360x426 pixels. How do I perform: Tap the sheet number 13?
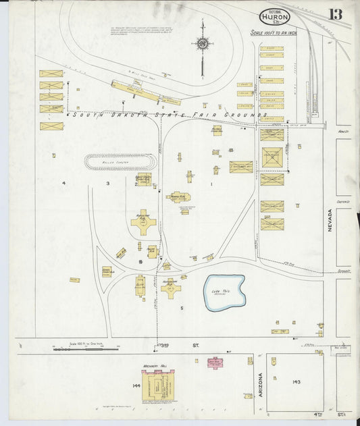[x=336, y=14]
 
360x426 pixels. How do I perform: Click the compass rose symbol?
[x=202, y=45]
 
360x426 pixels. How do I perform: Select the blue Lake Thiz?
[x=225, y=292]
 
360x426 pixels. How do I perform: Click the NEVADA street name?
[x=330, y=219]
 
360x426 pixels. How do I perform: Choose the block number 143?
[x=296, y=382]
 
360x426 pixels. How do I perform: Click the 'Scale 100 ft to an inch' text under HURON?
[x=274, y=32]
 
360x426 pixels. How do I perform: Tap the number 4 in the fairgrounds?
[x=64, y=184]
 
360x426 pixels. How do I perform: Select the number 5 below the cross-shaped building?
[x=181, y=308]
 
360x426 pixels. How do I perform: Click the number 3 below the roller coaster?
[x=107, y=184]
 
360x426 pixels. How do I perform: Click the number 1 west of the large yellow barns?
[x=211, y=184]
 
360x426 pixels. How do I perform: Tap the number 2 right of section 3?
[x=136, y=184]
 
